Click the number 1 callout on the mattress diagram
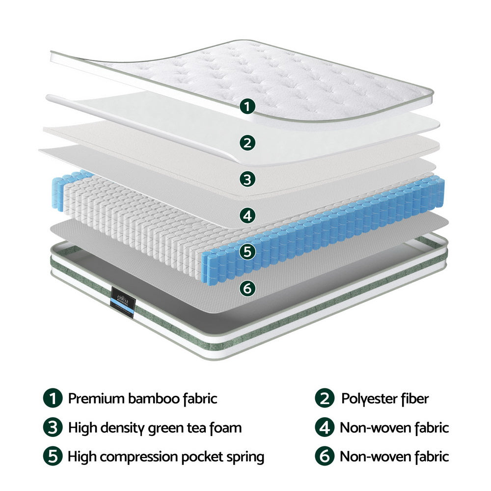(248, 106)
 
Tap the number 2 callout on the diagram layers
(248, 143)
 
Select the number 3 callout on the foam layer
(248, 179)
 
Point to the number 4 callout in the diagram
(248, 215)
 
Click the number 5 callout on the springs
(248, 252)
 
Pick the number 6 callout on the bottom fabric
(248, 288)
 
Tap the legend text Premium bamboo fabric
(142, 398)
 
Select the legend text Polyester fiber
(385, 398)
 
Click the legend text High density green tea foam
(155, 428)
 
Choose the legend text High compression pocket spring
(166, 457)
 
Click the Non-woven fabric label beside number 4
(394, 428)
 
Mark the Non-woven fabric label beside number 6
(394, 457)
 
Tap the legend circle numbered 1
(53, 398)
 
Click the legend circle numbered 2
(325, 398)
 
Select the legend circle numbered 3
(53, 428)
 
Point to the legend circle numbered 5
(53, 457)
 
